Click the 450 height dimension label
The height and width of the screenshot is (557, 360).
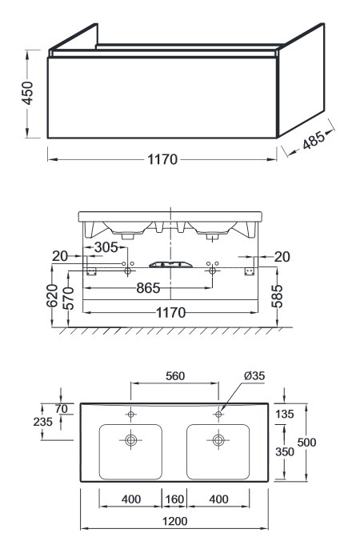[x=27, y=93]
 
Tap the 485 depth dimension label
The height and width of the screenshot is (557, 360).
[x=314, y=140]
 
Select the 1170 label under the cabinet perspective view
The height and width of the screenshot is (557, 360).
[x=162, y=159]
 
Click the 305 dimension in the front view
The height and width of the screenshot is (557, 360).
[x=106, y=247]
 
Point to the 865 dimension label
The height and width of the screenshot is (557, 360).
[x=148, y=288]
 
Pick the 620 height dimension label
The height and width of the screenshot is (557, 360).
[x=52, y=295]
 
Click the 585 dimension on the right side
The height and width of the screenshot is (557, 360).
[x=277, y=295]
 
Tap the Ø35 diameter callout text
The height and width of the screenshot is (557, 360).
[x=254, y=375]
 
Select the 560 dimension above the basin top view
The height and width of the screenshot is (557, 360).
[x=175, y=376]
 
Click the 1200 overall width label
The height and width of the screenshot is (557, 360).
[x=174, y=521]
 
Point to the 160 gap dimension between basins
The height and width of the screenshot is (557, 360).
[x=174, y=499]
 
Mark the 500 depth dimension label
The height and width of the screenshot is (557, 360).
[x=306, y=443]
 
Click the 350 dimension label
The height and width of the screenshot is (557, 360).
[x=285, y=452]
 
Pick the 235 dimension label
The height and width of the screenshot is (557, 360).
[x=42, y=422]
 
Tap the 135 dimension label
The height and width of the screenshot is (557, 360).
[x=285, y=414]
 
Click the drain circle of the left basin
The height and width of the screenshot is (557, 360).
[x=130, y=440]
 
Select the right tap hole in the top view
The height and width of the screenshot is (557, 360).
[x=218, y=415]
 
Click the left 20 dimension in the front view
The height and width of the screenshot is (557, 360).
[x=60, y=256]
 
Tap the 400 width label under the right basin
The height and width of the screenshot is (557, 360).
[x=218, y=499]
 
